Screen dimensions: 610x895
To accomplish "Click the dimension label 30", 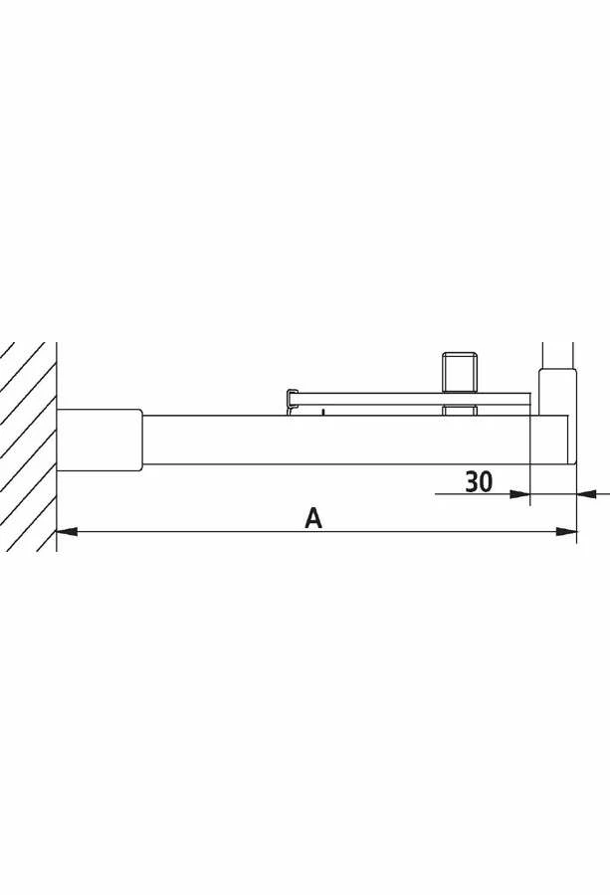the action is coord(479,481).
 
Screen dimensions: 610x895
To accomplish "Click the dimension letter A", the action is coord(313,518).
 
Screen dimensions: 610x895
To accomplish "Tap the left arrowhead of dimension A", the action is coord(67,532).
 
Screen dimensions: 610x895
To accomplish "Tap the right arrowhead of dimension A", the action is coord(566,532).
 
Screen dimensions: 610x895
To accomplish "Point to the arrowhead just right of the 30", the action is coord(519,493).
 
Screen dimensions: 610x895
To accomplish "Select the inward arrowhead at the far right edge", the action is coord(586,493).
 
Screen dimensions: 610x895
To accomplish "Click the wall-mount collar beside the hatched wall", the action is coord(100,441).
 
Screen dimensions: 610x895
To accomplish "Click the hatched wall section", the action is coord(28,447).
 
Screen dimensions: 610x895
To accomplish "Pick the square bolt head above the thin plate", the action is coord(459,372).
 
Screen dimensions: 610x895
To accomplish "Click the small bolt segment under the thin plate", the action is coord(459,410).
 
